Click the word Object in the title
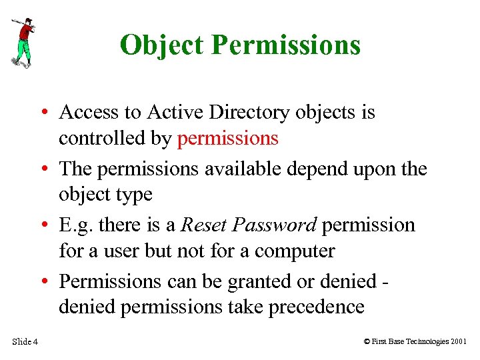coord(162,45)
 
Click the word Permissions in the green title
coord(286,45)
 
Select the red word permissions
coord(227,138)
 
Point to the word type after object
coord(135,195)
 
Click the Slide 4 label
coord(25,342)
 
